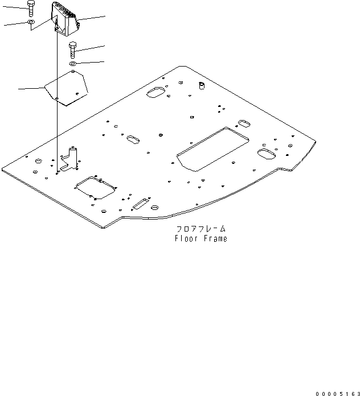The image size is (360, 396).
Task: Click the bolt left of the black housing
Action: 31,9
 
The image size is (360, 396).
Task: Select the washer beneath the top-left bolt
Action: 31,23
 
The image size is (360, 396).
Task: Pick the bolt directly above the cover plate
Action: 72,49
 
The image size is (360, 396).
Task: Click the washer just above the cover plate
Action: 73,64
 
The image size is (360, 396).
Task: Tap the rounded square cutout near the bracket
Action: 95,187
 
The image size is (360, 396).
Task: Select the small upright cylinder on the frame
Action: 201,86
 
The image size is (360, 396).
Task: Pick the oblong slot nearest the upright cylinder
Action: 156,92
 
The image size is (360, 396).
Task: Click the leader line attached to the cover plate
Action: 31,88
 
